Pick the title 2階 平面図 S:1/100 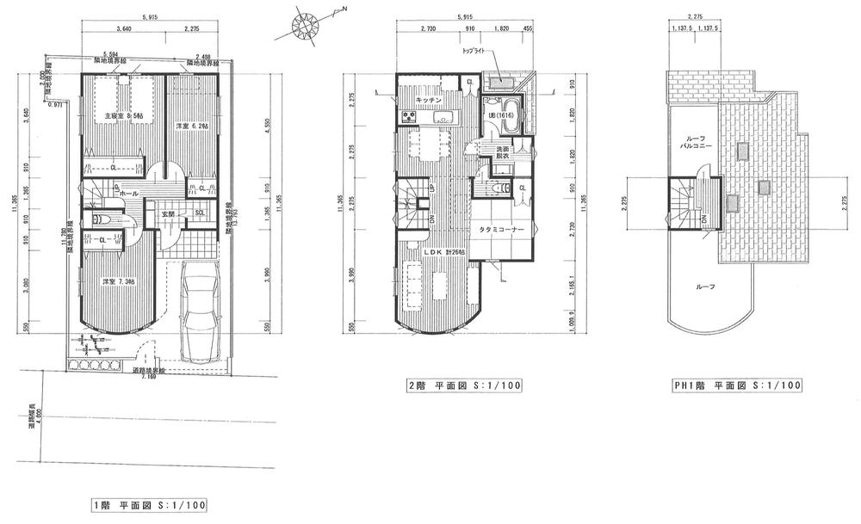point(463,385)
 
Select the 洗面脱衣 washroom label point(500,154)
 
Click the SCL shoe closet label point(199,213)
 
